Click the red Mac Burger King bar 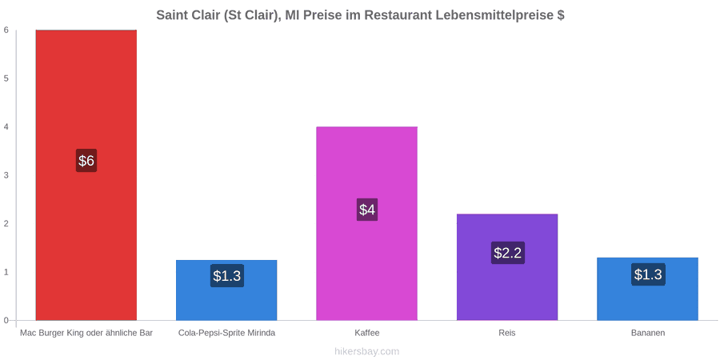pyautogui.click(x=86, y=175)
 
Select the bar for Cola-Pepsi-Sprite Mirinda pyautogui.click(x=226, y=290)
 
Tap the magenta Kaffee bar pyautogui.click(x=367, y=223)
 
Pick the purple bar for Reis pyautogui.click(x=507, y=266)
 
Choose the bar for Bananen pyautogui.click(x=647, y=289)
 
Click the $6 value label pyautogui.click(x=86, y=161)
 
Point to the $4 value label pyautogui.click(x=367, y=210)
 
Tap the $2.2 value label pyautogui.click(x=508, y=253)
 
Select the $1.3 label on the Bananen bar pyautogui.click(x=648, y=274)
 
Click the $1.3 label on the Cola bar pyautogui.click(x=227, y=275)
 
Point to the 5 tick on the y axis pyautogui.click(x=6, y=78)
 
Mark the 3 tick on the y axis pyautogui.click(x=6, y=175)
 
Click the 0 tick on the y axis pyautogui.click(x=6, y=321)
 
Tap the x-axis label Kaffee pyautogui.click(x=367, y=333)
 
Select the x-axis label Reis pyautogui.click(x=507, y=333)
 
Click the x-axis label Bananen pyautogui.click(x=647, y=333)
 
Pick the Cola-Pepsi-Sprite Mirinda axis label pyautogui.click(x=227, y=333)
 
